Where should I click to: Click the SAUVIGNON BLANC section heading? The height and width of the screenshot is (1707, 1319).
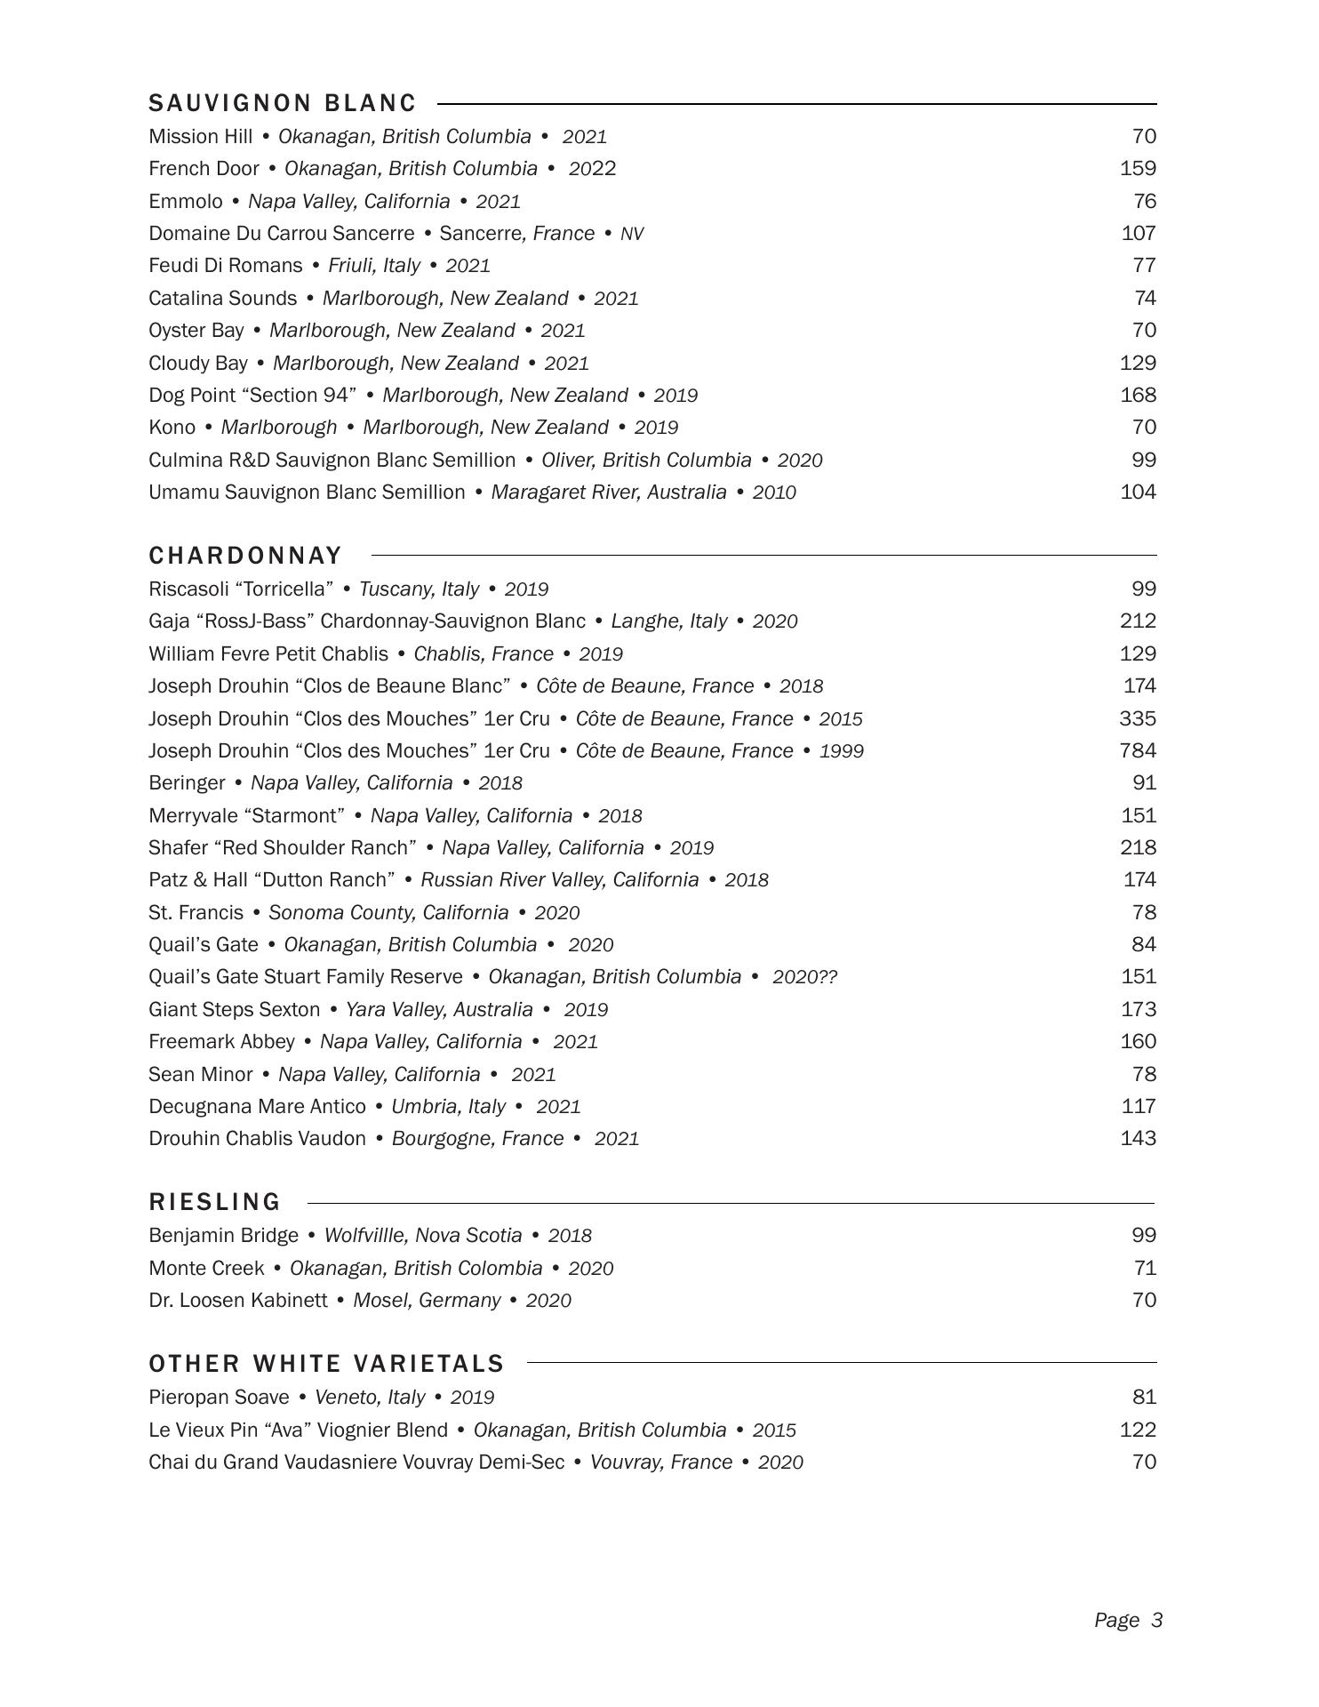(283, 104)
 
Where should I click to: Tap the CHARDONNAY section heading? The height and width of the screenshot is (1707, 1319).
(245, 556)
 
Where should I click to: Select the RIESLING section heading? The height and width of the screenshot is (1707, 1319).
(214, 1202)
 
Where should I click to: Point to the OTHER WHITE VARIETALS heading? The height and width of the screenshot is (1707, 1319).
(326, 1364)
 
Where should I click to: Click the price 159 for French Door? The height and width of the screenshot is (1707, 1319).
(1138, 169)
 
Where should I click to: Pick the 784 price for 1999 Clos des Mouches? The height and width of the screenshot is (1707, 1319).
(1138, 751)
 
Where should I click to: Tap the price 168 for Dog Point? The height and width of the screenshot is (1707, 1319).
(1138, 396)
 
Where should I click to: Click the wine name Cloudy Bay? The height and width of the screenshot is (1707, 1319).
(198, 364)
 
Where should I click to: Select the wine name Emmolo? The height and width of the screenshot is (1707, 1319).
(186, 202)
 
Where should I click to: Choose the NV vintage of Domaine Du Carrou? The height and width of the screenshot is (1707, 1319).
(632, 235)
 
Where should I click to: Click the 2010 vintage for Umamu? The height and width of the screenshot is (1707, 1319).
(774, 493)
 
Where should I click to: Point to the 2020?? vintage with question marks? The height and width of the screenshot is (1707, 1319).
(804, 978)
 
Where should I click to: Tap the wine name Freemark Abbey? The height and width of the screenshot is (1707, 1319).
(221, 1042)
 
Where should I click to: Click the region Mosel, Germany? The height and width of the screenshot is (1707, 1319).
(427, 1301)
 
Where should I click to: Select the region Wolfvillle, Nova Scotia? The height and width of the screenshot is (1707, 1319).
(423, 1236)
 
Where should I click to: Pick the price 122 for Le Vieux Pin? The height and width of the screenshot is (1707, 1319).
(1138, 1431)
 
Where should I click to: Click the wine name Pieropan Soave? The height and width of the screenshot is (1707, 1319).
(219, 1398)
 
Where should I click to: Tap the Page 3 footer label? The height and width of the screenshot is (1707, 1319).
(1128, 1621)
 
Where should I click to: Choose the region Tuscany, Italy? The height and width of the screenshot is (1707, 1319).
(419, 589)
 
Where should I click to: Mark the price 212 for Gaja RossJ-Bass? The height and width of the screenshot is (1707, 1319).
(1138, 621)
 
